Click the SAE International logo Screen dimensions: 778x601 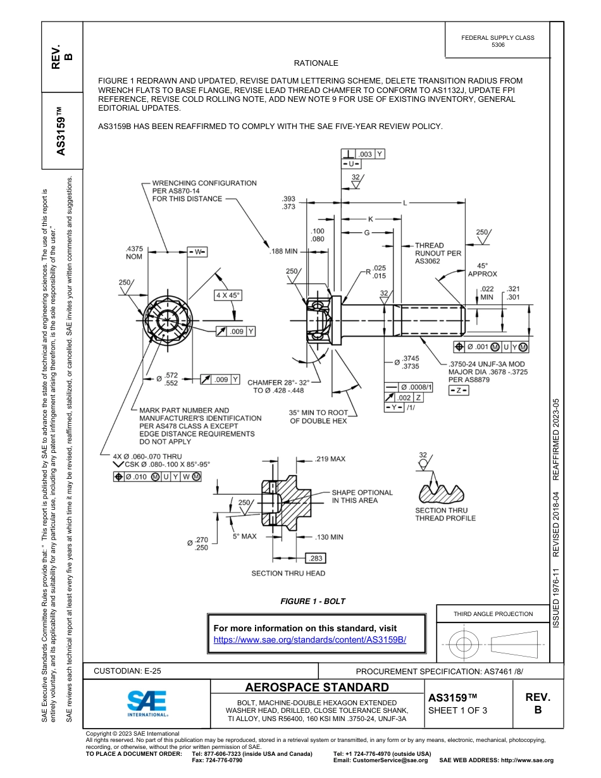[147, 702]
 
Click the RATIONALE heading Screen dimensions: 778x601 [316, 63]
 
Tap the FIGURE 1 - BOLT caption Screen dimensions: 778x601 [313, 601]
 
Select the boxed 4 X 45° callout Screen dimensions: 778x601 [228, 295]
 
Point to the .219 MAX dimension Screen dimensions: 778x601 [330, 459]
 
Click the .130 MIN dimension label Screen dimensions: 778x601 [329, 537]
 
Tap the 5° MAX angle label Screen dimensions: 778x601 [244, 536]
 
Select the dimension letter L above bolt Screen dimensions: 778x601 [404, 203]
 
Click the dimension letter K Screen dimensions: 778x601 [371, 218]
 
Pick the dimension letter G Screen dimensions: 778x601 [366, 233]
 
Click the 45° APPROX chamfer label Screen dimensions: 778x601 [482, 270]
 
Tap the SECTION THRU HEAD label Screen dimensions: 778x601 [288, 573]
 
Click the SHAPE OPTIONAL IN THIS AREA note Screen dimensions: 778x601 [362, 496]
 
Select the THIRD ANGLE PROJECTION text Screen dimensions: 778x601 [493, 614]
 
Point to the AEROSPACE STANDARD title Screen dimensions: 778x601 [317, 687]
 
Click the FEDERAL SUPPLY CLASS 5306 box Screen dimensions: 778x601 [497, 41]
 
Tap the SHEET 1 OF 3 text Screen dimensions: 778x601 [457, 710]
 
